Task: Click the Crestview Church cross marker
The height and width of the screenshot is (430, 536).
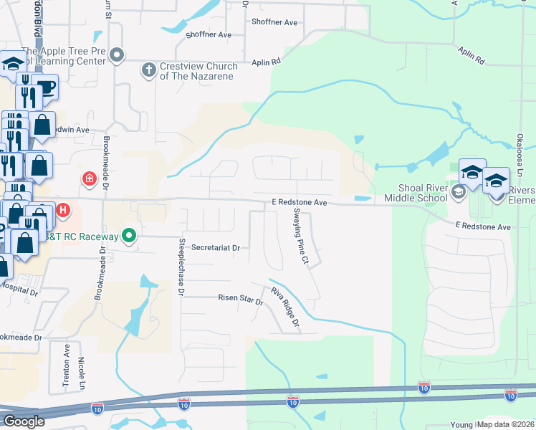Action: [x=148, y=70]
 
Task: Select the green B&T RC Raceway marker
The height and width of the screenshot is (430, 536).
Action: [x=129, y=234]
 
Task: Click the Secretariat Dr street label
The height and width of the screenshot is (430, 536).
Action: [x=216, y=247]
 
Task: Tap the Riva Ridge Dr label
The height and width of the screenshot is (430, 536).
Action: [x=284, y=308]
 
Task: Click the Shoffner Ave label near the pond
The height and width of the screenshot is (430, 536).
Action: [x=209, y=34]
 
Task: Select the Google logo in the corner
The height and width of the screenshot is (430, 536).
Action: [x=24, y=421]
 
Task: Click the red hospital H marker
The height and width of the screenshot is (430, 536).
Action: [x=63, y=210]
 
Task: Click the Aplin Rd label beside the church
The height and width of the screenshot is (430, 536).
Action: [x=265, y=62]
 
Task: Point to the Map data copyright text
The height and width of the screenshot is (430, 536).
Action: [x=506, y=424]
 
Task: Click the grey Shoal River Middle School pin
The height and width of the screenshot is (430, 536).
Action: [x=459, y=192]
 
